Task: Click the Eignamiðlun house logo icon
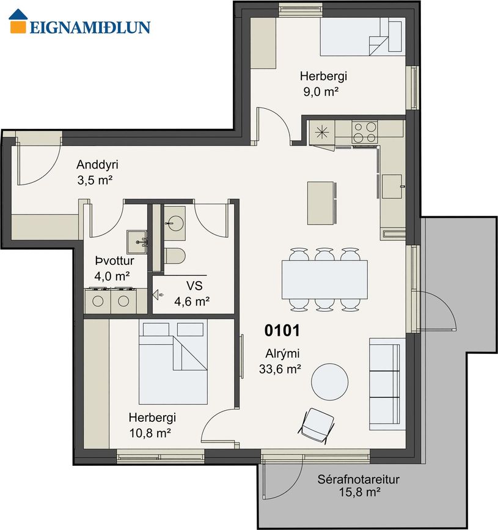(x=18, y=21)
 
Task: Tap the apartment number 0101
(x=282, y=331)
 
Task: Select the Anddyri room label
(x=97, y=164)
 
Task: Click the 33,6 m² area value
(x=280, y=369)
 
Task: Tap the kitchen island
(x=321, y=203)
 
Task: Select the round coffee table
(x=329, y=382)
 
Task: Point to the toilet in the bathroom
(x=175, y=256)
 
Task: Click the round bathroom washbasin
(x=175, y=223)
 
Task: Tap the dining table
(x=324, y=279)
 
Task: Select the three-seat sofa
(x=387, y=384)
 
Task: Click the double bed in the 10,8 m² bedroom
(x=173, y=362)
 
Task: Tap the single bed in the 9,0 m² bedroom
(x=363, y=37)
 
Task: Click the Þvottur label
(x=114, y=260)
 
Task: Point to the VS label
(x=194, y=286)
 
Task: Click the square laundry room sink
(x=137, y=242)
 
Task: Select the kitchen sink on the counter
(x=392, y=186)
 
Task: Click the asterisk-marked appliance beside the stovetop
(x=322, y=132)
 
